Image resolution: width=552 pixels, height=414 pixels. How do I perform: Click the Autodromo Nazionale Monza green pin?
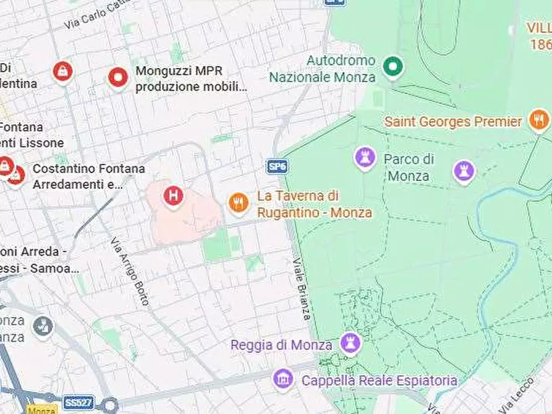(392, 65)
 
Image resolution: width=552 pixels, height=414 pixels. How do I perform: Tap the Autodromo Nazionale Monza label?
(322, 69)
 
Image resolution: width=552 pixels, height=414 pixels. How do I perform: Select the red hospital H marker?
(174, 196)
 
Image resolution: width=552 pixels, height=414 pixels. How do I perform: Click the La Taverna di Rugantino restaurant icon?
(238, 202)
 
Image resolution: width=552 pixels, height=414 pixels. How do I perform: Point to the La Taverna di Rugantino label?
(314, 204)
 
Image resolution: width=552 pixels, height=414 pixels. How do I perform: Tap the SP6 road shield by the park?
(278, 166)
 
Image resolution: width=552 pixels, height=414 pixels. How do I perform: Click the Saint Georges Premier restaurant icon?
(539, 120)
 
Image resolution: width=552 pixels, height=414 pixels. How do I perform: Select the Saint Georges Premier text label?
(453, 121)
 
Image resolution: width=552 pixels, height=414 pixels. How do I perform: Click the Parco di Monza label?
(409, 167)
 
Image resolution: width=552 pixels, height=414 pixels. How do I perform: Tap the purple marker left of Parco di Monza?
(365, 158)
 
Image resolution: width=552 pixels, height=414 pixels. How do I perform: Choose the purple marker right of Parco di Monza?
(464, 170)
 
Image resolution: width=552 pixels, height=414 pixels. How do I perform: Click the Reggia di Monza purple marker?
(350, 343)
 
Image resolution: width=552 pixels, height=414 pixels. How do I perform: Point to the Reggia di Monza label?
(282, 344)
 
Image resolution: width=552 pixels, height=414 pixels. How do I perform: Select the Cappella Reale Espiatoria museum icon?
(283, 378)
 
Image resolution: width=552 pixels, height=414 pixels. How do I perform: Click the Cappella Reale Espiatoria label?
(379, 380)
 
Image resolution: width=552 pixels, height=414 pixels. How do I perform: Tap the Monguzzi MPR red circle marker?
(117, 77)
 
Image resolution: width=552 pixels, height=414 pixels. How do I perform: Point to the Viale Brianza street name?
(302, 288)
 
